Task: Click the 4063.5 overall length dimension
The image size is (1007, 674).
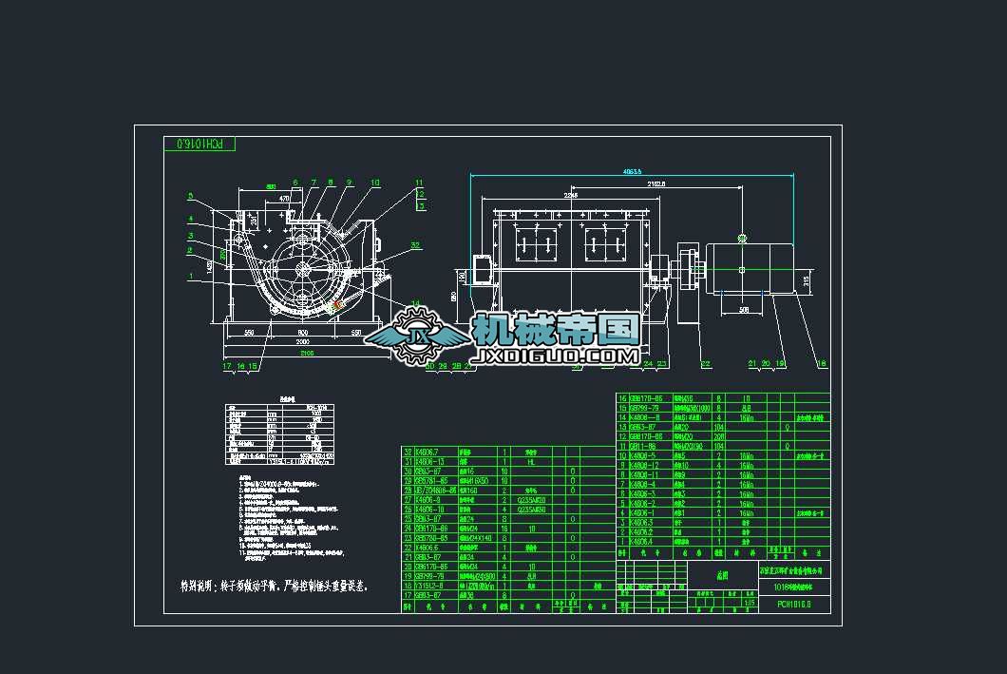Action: pos(633,172)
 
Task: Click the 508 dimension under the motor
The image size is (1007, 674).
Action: pos(744,309)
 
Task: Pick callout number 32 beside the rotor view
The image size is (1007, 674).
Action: pos(415,244)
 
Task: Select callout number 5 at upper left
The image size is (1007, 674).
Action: pos(190,197)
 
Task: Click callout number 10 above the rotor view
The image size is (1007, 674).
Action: pos(375,182)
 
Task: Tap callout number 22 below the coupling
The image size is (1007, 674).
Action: pos(705,364)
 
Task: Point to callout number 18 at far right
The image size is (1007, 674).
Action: pos(822,364)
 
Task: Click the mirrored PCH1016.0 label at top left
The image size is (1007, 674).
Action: pos(199,144)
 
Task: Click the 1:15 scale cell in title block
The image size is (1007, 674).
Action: pos(750,603)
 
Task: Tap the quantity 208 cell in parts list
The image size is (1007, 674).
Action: pos(719,436)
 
